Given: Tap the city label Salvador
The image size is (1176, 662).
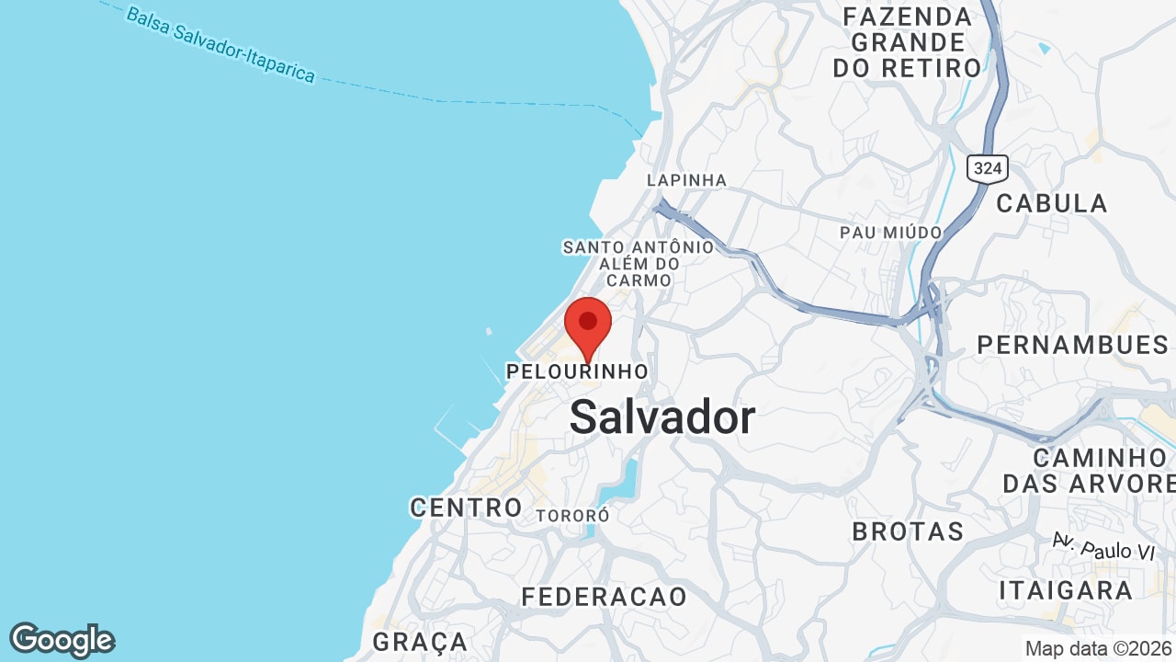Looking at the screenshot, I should tap(662, 418).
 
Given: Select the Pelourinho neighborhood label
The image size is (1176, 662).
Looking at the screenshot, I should tap(577, 371).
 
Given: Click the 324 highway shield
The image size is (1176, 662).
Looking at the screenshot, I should tap(987, 168).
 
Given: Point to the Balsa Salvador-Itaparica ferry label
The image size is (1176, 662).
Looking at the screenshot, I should tap(220, 45).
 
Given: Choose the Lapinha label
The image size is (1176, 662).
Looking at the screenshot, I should tap(686, 180).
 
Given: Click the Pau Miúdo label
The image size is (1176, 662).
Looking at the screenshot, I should tap(890, 233).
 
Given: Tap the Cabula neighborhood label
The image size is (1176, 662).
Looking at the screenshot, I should tap(1052, 203).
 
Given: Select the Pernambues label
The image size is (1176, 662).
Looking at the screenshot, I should tap(1072, 345).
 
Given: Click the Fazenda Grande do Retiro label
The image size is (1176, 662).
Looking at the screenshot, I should tap(907, 42).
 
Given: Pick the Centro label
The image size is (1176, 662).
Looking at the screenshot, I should tap(466, 507).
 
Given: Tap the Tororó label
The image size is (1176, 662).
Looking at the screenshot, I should tap(572, 516).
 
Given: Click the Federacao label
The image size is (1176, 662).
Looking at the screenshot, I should tap(604, 597).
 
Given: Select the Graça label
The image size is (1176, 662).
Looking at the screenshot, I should tap(420, 641).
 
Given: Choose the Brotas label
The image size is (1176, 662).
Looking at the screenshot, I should tap(908, 531).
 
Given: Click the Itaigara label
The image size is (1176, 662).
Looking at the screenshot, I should tap(1065, 590).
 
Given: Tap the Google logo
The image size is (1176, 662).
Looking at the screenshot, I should tap(62, 640).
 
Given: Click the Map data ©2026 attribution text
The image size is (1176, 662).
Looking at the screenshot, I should tap(1098, 648).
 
